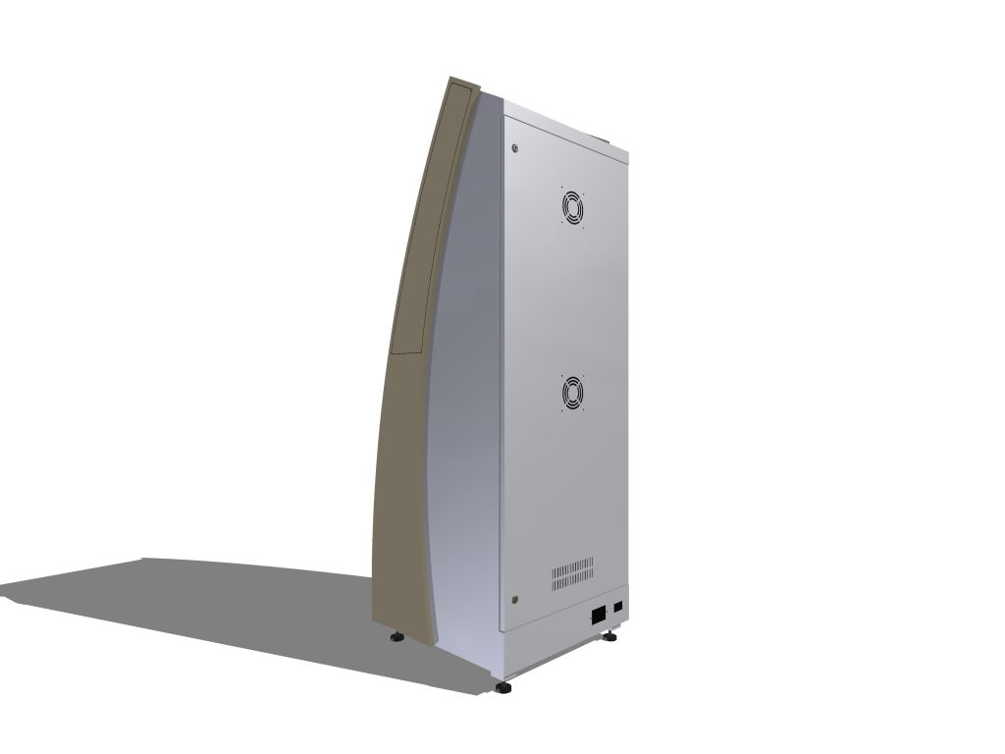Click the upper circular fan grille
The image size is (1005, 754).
point(573,207)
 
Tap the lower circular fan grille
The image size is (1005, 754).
point(573,394)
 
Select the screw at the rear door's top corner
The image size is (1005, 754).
point(514,148)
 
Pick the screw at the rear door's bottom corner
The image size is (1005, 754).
point(515,599)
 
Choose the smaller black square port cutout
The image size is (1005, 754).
point(618,608)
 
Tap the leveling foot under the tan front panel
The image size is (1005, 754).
point(397,637)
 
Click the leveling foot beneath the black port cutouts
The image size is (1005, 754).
point(609,637)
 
